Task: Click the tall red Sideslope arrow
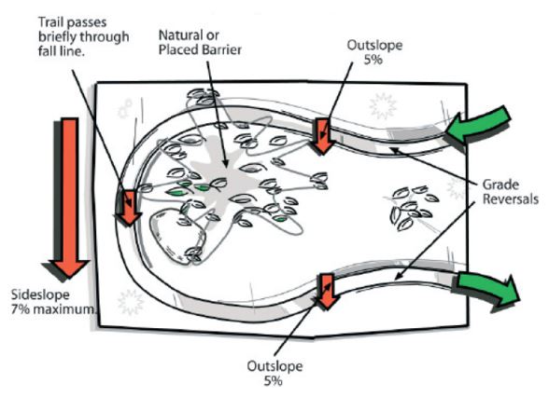coord(70,196)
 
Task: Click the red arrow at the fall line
coord(129,207)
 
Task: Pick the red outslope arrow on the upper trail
coord(323,136)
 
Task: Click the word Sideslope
coord(40,295)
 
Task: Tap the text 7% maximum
coord(52,309)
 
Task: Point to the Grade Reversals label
coord(510,192)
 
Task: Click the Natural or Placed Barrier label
coord(200,42)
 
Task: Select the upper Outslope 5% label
coord(374,52)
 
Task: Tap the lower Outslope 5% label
coord(274,373)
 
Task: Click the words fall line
coord(62,51)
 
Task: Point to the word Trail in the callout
coord(50,22)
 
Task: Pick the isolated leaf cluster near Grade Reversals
coord(413,208)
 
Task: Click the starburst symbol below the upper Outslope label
coord(383,105)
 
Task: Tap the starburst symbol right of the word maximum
coord(132,302)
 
